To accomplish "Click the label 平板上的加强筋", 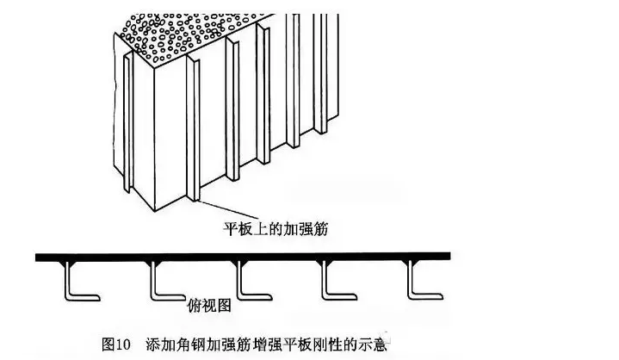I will click(269, 229).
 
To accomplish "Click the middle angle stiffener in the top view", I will click(245, 280).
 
